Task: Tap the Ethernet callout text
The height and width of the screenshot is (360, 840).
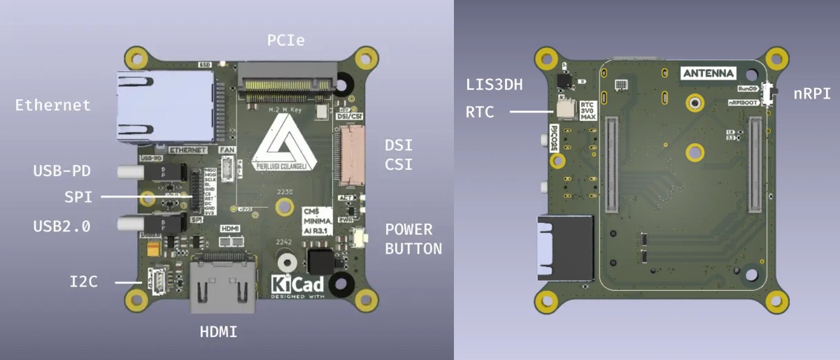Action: (53, 106)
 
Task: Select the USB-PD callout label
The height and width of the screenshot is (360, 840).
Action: (62, 171)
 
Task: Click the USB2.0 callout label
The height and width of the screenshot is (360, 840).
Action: (62, 226)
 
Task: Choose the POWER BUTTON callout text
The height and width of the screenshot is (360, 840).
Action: (413, 239)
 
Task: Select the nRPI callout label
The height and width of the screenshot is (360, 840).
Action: (811, 93)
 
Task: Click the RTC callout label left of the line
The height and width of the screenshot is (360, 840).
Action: (480, 111)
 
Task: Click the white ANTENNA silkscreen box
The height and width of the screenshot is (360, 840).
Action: (709, 73)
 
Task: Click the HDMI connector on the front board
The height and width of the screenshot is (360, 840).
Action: (222, 285)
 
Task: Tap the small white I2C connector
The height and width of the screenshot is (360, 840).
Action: (157, 281)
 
